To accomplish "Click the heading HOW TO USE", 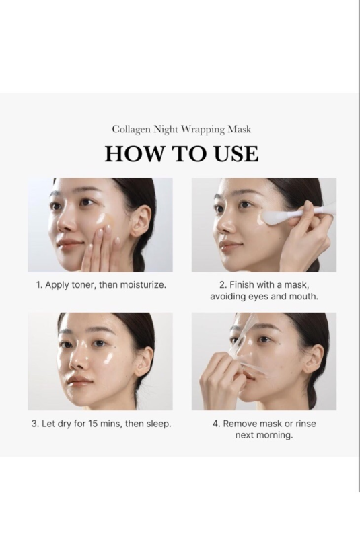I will (181, 153).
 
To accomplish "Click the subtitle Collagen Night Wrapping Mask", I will (181, 129).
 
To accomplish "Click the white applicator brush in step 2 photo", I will (283, 217).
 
